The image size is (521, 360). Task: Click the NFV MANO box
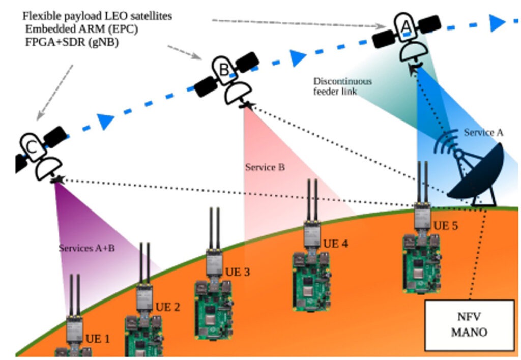[469, 325]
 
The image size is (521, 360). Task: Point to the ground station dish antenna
[476, 173]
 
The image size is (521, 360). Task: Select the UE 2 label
[167, 307]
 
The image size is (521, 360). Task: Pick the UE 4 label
[336, 244]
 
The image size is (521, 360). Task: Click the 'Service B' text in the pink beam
[265, 167]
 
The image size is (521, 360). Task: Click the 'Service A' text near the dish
[483, 133]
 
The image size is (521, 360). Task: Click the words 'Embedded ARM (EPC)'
[81, 30]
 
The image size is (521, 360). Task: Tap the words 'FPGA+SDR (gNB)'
[72, 43]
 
